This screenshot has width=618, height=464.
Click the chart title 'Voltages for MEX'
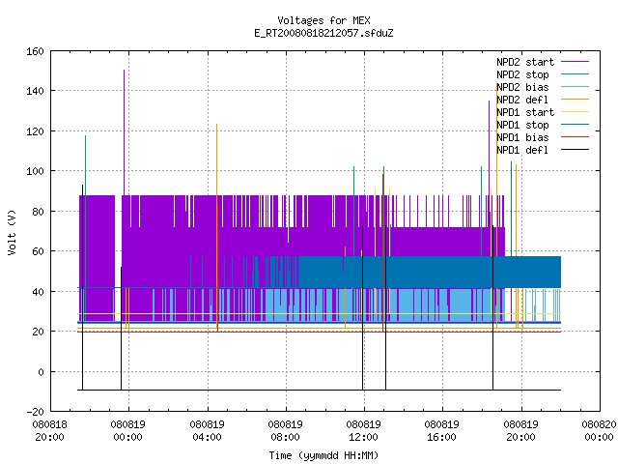click(x=323, y=20)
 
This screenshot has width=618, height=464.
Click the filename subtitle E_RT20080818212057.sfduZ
click(x=323, y=33)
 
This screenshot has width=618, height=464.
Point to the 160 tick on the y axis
click(x=35, y=51)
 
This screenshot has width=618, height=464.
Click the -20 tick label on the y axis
click(x=35, y=412)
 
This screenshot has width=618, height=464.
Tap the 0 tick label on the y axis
click(x=41, y=372)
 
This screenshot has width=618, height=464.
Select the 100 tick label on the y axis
click(x=35, y=171)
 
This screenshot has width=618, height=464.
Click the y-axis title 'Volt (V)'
click(x=12, y=232)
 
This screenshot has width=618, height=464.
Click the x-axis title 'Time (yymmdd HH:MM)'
click(x=323, y=455)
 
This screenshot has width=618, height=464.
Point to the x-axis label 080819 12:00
click(x=363, y=431)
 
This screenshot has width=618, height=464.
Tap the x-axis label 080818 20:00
click(x=49, y=431)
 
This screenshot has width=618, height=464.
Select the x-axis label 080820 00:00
click(x=599, y=431)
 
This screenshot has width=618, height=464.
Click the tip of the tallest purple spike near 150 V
click(x=125, y=71)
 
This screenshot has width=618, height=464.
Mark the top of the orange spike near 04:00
click(x=216, y=125)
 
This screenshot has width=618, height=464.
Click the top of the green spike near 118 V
click(x=86, y=136)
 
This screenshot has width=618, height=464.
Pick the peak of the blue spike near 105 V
click(x=512, y=161)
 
